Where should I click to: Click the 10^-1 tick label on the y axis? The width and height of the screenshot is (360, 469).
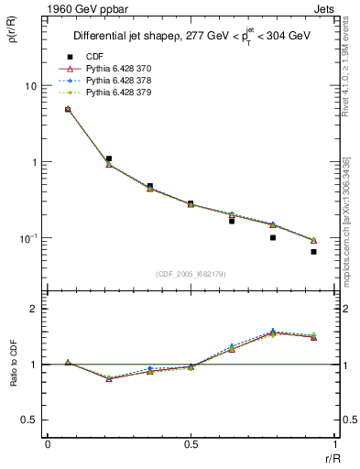point(27,238)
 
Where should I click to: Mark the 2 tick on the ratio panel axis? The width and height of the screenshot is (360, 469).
point(34,310)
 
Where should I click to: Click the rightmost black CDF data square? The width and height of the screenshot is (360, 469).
point(313,251)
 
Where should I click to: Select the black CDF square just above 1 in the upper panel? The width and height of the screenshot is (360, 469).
point(108,158)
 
